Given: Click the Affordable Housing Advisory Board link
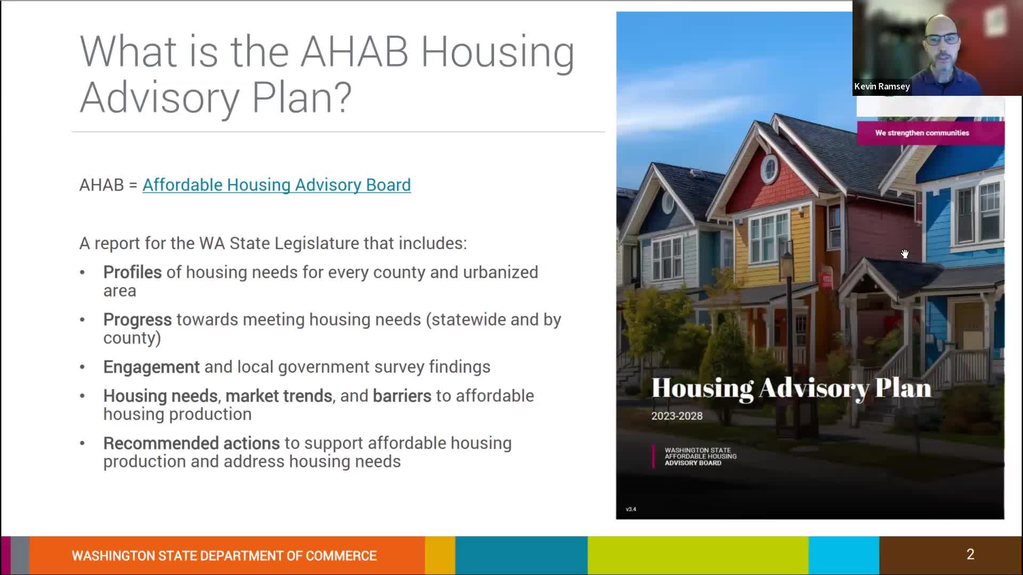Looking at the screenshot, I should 276,185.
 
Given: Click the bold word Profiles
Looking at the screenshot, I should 132,272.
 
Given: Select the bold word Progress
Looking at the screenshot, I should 137,319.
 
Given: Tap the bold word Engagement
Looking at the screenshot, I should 151,367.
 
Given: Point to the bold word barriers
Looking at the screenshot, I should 402,396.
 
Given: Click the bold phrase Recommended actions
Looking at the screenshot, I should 191,443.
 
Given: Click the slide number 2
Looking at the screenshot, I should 970,554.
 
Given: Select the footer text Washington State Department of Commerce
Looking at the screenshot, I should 224,556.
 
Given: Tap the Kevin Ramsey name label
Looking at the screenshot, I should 882,86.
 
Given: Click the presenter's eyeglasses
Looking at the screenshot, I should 941,39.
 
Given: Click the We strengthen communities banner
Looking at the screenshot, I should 922,133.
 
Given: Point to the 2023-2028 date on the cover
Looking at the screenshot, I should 677,416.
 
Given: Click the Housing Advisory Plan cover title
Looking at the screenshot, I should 791,388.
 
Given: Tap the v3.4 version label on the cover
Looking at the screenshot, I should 631,510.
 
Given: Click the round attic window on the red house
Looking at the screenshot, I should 769,169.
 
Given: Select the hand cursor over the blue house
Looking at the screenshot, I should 905,254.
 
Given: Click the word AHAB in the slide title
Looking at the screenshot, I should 354,52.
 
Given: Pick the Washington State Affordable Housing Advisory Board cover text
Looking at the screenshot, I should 700,456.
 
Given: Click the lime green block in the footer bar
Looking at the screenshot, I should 698,555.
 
